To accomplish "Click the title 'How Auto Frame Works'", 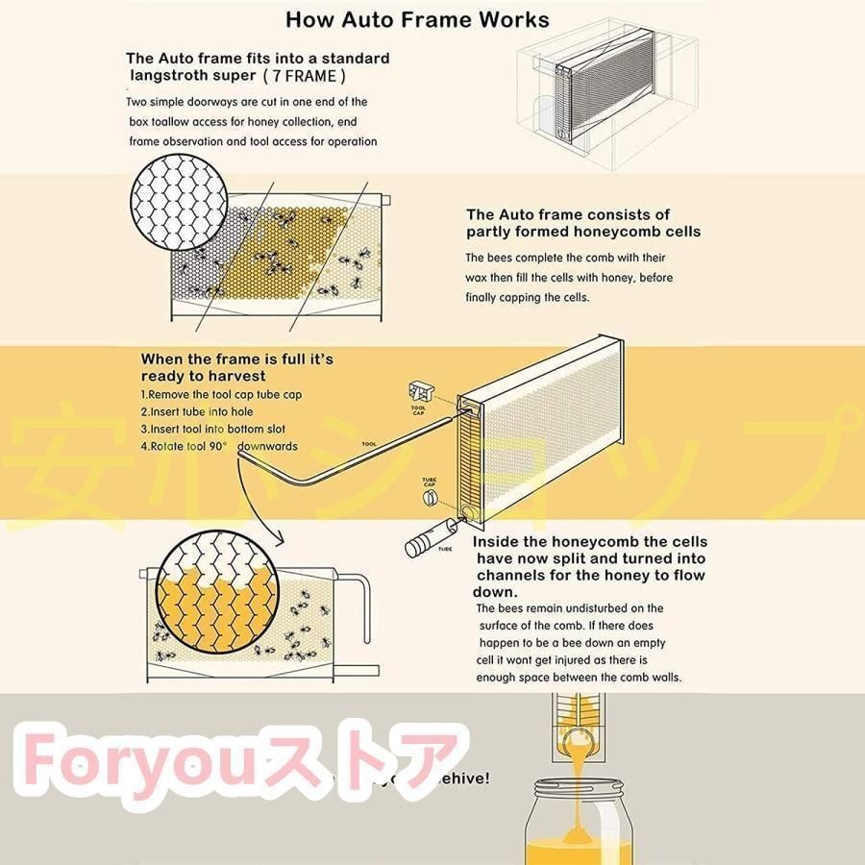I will pyautogui.click(x=417, y=19).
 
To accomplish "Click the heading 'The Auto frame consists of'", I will pyautogui.click(x=568, y=214).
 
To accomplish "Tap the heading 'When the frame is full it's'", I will pyautogui.click(x=237, y=358).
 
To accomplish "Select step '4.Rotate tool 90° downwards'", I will pyautogui.click(x=219, y=446).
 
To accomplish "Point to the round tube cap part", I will pyautogui.click(x=431, y=498).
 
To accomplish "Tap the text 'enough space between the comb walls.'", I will pyautogui.click(x=579, y=678).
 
